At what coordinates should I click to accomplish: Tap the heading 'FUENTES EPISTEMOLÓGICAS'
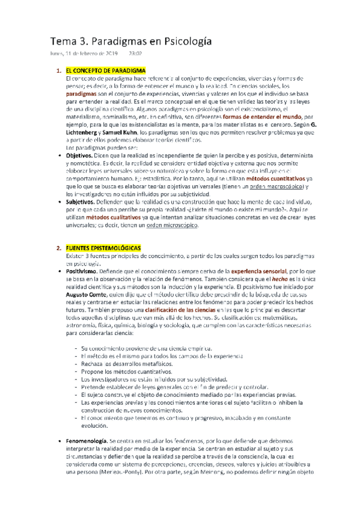pos(103,231)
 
